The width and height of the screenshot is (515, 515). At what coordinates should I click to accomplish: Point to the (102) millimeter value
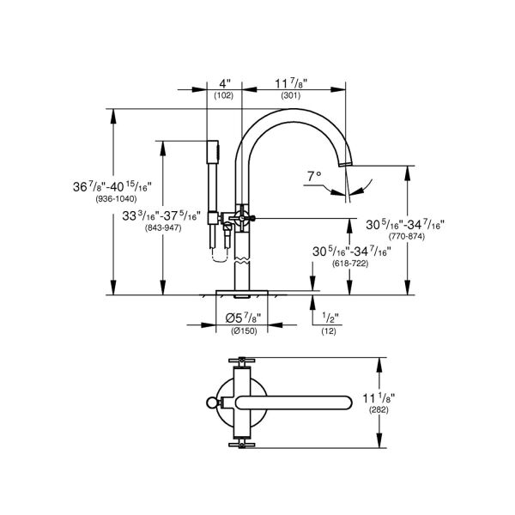[224, 95]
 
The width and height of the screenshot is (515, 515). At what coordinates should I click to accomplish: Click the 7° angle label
[314, 175]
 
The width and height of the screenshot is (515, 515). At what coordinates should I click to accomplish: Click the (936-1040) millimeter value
[112, 198]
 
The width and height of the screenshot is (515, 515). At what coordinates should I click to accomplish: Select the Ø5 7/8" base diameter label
[243, 318]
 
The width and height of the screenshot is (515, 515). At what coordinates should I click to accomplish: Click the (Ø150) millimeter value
[243, 330]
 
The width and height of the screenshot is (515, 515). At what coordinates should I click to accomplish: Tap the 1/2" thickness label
[330, 318]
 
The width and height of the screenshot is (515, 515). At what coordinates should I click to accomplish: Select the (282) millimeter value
[397, 411]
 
